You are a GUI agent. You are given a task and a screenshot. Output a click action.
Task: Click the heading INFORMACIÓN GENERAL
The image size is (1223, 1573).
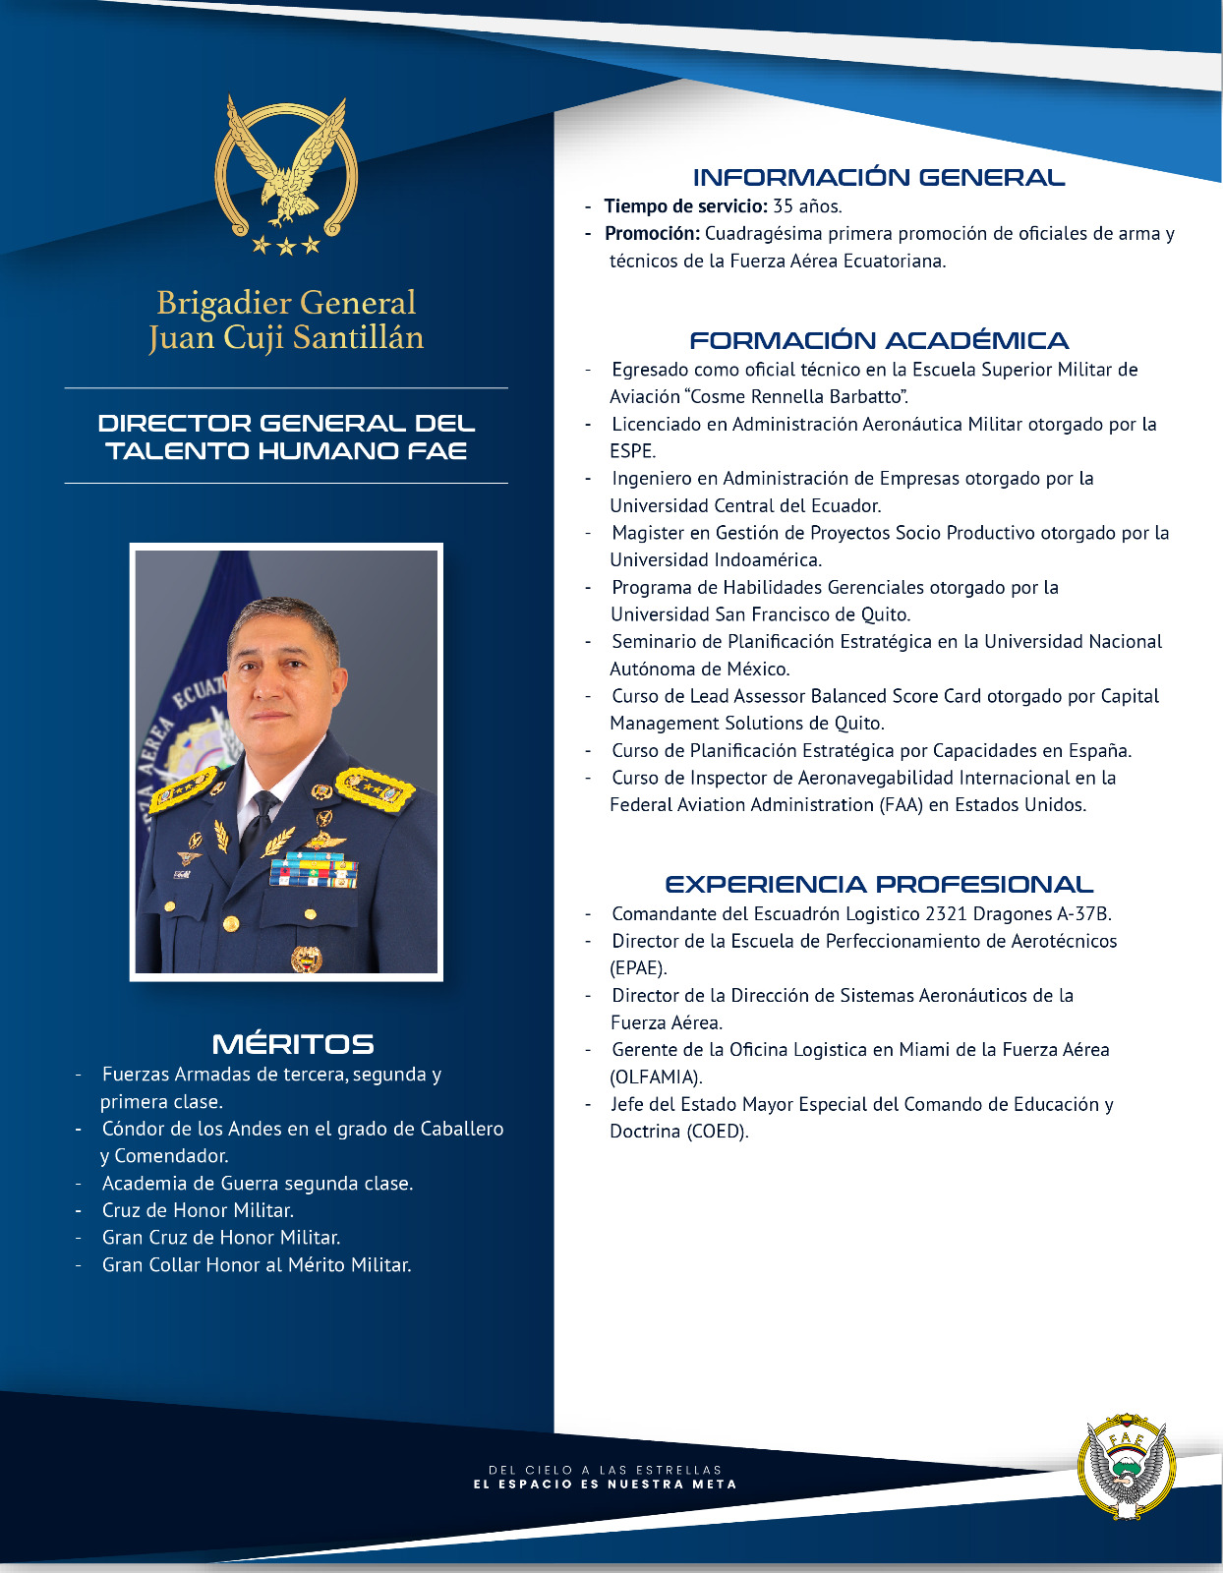878,178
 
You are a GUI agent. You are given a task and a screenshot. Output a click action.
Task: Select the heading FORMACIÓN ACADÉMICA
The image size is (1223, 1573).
878,341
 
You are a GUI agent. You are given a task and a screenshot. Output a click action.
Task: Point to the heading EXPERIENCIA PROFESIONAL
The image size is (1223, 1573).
878,885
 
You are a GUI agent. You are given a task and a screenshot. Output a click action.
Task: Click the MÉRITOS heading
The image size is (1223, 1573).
293,1044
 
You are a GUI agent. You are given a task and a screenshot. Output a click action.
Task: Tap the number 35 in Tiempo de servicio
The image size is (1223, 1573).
783,206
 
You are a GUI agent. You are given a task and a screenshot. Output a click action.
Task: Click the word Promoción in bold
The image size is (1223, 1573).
651,234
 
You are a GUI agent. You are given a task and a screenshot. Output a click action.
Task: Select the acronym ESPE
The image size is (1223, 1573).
631,451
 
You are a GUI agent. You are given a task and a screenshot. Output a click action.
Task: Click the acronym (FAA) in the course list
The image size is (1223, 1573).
902,805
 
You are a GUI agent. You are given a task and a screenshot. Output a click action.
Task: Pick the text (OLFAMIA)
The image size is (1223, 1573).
656,1077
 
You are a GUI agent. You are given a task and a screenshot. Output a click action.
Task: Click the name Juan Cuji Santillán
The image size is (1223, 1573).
286,338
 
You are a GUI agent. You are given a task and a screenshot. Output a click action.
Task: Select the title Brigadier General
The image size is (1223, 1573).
286,303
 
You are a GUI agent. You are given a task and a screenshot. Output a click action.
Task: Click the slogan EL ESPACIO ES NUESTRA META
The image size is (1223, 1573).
605,1485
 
